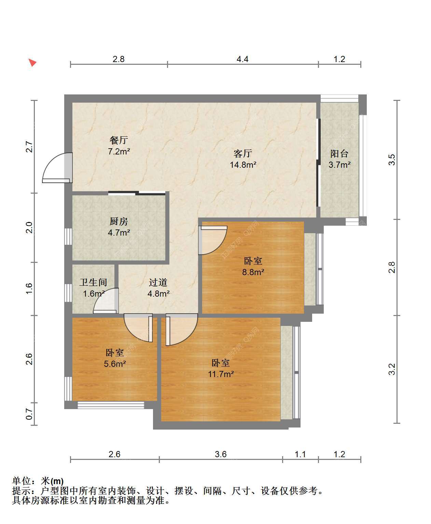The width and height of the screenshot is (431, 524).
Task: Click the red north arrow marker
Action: pyautogui.click(x=32, y=62)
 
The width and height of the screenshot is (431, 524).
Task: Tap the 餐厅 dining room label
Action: pyautogui.click(x=119, y=140)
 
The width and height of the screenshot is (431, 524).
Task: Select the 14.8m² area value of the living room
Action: pyautogui.click(x=243, y=165)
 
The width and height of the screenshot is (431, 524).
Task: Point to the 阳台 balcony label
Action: pyautogui.click(x=339, y=153)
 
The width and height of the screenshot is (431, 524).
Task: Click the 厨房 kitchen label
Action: pyautogui.click(x=119, y=221)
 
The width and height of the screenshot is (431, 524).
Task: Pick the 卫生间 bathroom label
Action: pyautogui.click(x=93, y=283)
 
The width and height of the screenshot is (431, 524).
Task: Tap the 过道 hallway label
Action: pyautogui.click(x=158, y=283)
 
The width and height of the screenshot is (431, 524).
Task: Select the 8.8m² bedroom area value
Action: pyautogui.click(x=253, y=272)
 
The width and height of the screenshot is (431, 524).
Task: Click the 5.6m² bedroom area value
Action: pyautogui.click(x=115, y=364)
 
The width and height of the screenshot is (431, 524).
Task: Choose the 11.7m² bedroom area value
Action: pyautogui.click(x=221, y=374)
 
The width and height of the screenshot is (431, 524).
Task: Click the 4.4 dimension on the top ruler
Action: pyautogui.click(x=242, y=59)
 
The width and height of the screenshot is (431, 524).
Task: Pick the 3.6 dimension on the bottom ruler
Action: pyautogui.click(x=221, y=454)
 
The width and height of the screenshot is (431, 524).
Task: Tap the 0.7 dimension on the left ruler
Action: pyautogui.click(x=29, y=414)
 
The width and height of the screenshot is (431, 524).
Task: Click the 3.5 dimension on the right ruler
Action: pyautogui.click(x=392, y=160)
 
